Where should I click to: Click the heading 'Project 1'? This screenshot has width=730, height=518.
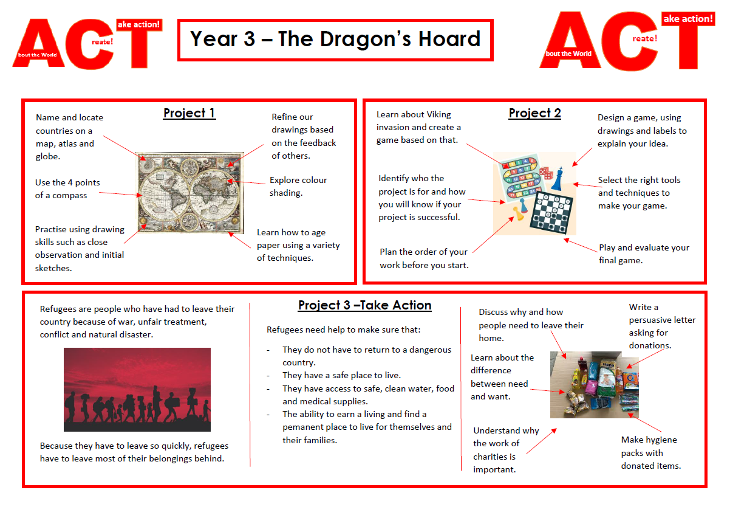point(189,113)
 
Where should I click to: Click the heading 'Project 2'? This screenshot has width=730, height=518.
point(535,113)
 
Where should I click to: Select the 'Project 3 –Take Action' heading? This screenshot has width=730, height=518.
point(364,305)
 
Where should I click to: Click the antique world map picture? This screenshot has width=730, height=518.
point(189,193)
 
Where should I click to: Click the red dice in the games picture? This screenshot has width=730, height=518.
point(546,173)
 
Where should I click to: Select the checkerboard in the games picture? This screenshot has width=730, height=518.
point(551,213)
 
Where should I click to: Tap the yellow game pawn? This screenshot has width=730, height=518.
point(518,213)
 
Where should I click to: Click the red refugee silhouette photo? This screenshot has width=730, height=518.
point(137,390)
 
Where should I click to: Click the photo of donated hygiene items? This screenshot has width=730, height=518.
point(595,385)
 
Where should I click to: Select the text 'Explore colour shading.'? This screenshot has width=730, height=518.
point(298,187)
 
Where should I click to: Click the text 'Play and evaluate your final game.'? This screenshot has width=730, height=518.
point(644,254)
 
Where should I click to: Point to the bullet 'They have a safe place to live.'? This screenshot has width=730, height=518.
point(341,375)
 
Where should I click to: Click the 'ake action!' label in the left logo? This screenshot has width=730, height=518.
point(139,24)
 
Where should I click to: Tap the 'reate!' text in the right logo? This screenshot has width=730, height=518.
point(644,38)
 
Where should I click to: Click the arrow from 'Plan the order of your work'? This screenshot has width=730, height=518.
point(493,235)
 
